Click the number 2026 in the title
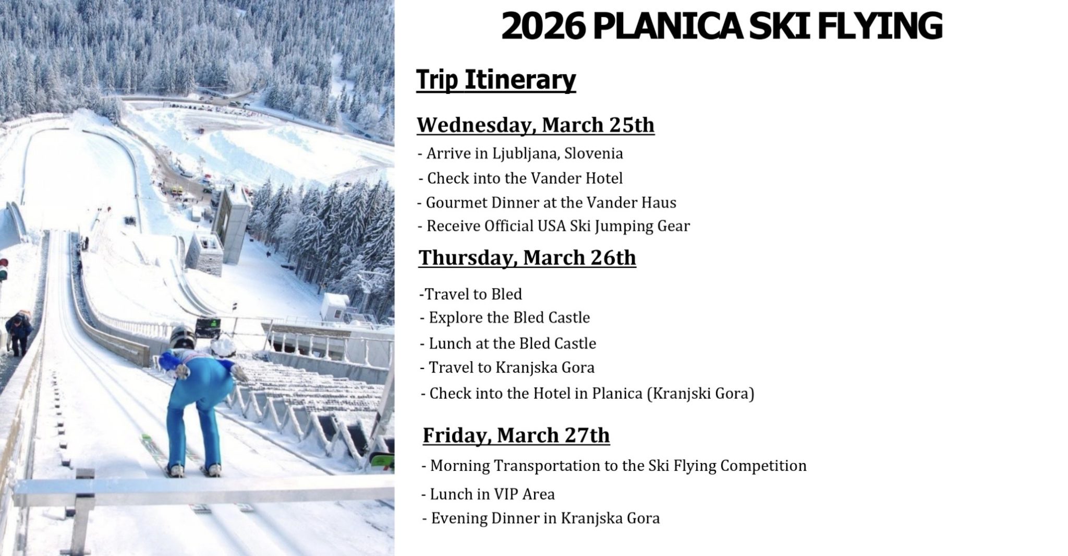coord(542,26)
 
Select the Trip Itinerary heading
coord(496,80)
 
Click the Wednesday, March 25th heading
coord(536,125)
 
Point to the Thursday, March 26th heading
coord(527,258)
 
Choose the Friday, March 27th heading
coord(516,435)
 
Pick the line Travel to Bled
coord(470,294)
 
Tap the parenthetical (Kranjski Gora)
coord(700,393)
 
